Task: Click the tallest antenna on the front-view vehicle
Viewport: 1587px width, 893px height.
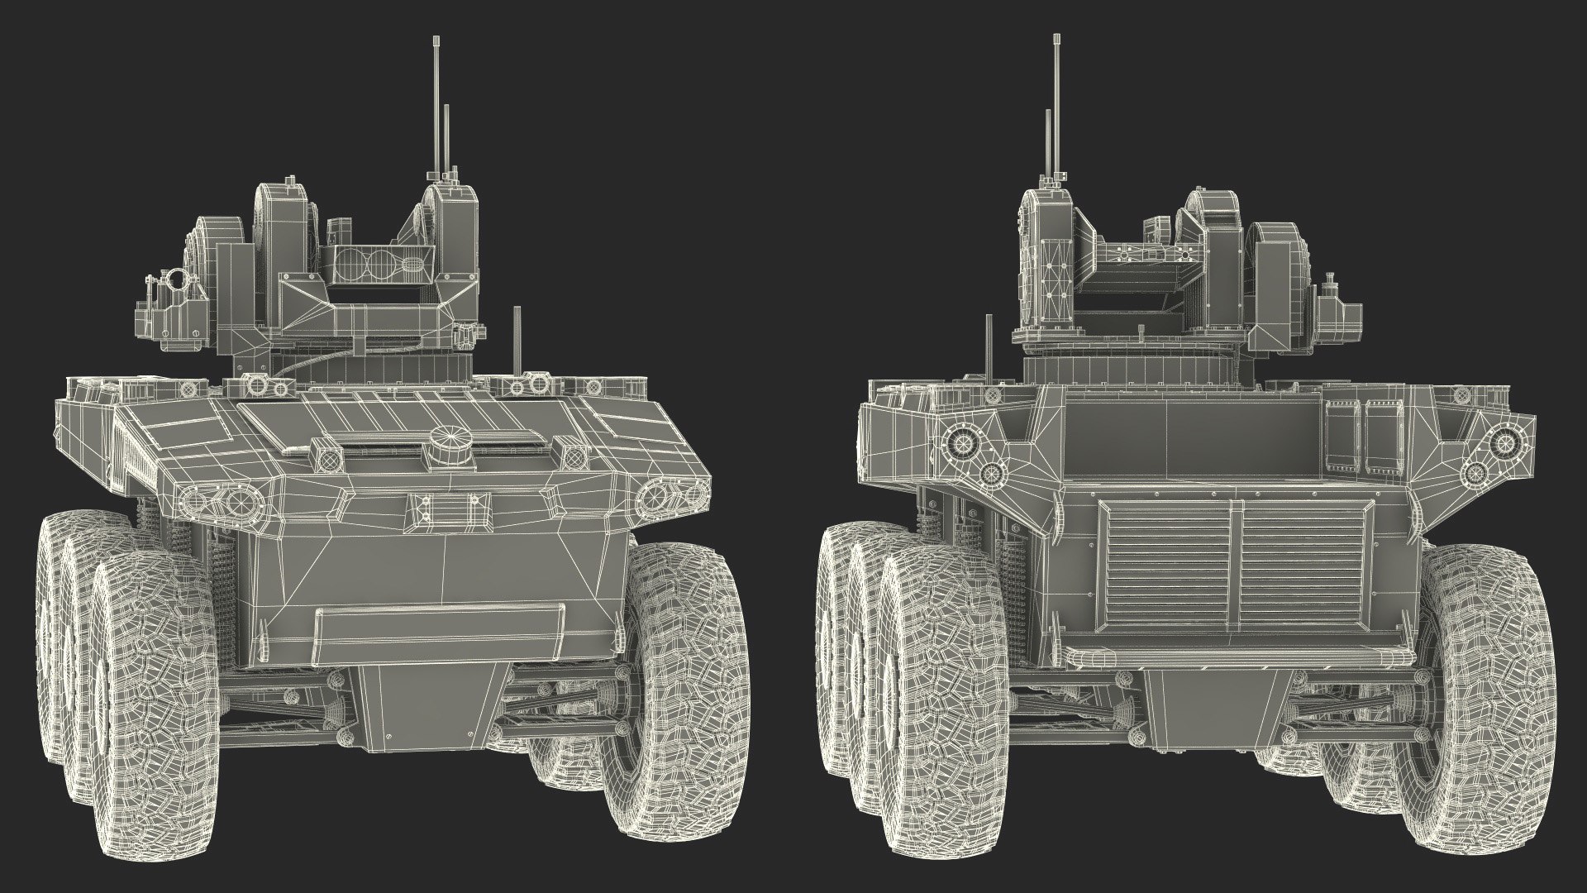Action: point(436,107)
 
